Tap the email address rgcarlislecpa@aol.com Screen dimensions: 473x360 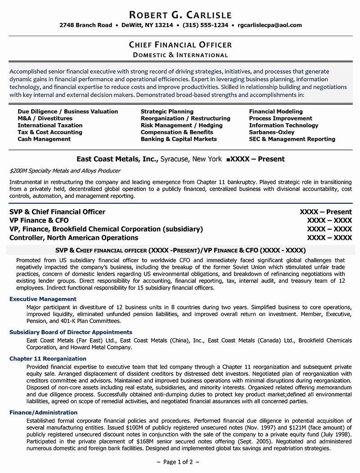point(270,25)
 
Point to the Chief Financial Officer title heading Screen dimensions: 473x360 point(180,45)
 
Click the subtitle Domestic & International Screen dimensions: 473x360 point(180,55)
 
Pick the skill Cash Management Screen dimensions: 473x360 point(44,139)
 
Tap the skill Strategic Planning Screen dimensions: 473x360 point(167,111)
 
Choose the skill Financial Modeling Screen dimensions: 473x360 point(275,111)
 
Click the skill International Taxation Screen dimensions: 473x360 point(50,125)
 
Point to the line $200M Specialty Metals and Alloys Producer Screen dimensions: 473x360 point(65,171)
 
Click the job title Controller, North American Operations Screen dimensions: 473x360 point(74,237)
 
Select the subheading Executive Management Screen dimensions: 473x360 point(43,299)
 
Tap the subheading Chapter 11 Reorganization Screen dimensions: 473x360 point(48,358)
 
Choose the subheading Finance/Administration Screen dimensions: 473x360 point(43,412)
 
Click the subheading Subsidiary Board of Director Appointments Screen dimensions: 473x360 point(71,332)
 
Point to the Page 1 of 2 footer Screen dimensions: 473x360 point(180,462)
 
